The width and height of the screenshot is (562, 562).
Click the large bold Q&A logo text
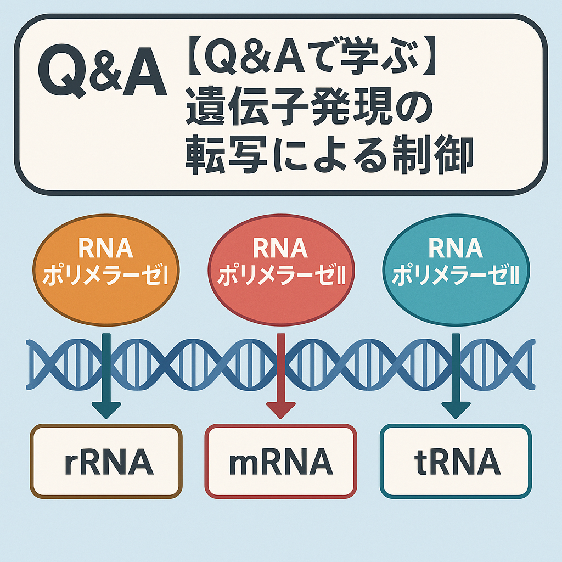(x=103, y=70)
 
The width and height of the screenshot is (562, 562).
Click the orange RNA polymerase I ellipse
(x=106, y=270)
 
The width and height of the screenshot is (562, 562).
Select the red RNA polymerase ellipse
(x=281, y=270)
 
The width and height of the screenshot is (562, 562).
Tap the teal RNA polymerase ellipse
(x=456, y=270)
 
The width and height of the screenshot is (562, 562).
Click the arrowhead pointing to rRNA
(x=106, y=410)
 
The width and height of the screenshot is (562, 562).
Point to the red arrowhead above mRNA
(x=281, y=410)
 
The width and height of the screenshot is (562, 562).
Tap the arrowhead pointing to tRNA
(x=456, y=410)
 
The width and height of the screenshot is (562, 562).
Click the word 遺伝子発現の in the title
(x=310, y=107)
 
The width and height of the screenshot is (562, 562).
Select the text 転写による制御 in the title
(x=330, y=154)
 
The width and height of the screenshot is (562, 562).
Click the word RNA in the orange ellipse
(x=106, y=249)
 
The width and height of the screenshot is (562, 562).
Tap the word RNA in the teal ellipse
(x=456, y=249)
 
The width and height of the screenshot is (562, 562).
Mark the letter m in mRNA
(x=245, y=464)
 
